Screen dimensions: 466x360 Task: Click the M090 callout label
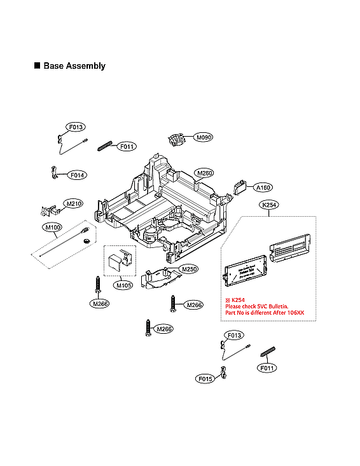(204, 137)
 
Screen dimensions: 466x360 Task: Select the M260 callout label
(204, 173)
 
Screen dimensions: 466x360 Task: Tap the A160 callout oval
(263, 188)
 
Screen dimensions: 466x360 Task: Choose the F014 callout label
(78, 175)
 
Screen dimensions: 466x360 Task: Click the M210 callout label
(74, 203)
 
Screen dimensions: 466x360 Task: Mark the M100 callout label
(52, 227)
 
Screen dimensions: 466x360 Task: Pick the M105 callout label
(123, 285)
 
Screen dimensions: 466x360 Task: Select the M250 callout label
(190, 269)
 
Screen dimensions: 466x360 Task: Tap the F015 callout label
(205, 378)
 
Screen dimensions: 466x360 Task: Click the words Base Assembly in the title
(74, 66)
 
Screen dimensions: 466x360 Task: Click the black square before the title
(37, 66)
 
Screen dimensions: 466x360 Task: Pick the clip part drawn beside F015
(223, 373)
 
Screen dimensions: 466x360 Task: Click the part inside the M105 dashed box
(119, 263)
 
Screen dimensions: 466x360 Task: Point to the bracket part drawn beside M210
(46, 210)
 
